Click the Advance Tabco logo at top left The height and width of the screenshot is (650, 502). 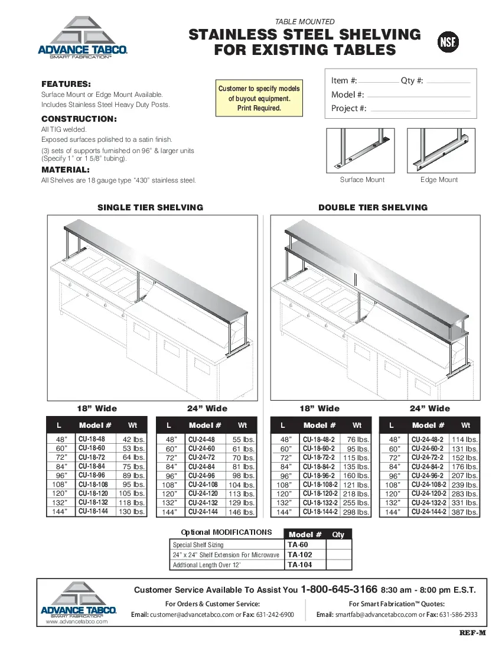pos(83,38)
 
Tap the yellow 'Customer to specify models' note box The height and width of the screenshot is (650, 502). pos(259,98)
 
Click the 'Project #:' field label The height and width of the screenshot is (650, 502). pos(348,108)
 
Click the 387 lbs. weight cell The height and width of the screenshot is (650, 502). pos(464,512)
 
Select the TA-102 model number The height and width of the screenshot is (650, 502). pos(299,555)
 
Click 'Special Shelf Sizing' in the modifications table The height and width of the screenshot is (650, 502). pos(198,545)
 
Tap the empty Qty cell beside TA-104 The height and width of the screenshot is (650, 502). pos(338,565)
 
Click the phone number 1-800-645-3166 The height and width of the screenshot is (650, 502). pos(338,589)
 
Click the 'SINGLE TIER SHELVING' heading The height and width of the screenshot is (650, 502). pos(150,207)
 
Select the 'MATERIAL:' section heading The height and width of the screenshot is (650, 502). pos(65,170)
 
